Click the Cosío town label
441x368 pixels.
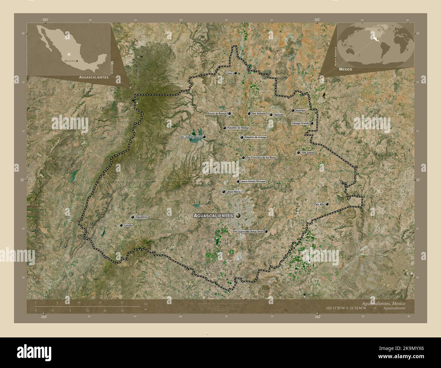229,73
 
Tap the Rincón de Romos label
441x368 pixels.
216,113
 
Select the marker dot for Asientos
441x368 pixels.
293,110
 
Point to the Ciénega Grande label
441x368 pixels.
300,123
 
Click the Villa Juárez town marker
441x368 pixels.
298,153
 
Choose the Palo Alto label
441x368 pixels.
319,204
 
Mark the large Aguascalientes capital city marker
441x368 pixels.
238,216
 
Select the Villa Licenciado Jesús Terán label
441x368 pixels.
248,232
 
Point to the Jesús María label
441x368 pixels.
233,192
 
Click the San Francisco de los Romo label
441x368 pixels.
261,158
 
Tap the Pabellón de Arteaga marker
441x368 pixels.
242,137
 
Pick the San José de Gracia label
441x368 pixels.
191,137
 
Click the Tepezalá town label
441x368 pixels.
279,115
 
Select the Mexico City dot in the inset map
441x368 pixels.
77,61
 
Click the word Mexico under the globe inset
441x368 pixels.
345,69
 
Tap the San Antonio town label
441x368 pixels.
258,113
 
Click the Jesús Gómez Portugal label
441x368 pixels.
253,182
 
